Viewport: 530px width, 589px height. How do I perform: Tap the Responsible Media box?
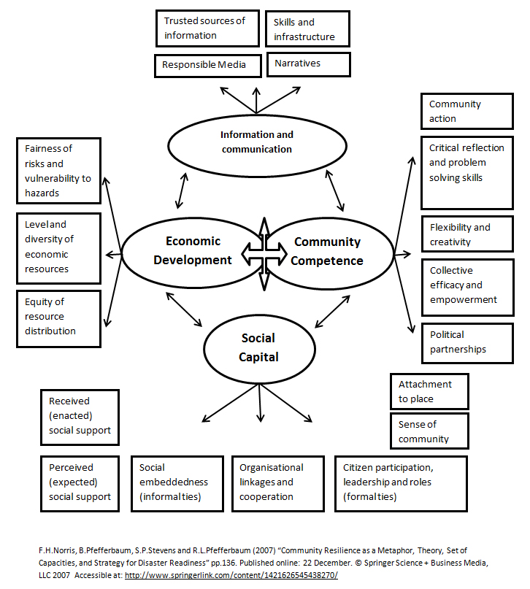[x=209, y=65]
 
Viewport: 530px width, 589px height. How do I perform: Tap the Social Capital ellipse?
[x=258, y=347]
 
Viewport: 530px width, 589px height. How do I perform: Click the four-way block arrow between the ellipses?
[x=261, y=250]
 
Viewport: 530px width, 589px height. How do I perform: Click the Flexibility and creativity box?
[x=466, y=234]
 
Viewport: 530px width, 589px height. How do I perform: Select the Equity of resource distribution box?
[x=57, y=316]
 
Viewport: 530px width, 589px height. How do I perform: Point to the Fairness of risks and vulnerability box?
[x=57, y=170]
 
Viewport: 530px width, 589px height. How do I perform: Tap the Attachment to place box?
[x=429, y=391]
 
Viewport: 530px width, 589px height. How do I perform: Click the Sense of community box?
[x=429, y=431]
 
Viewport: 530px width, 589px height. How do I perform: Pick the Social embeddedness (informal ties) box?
[x=177, y=482]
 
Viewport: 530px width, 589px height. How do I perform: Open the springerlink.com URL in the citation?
[x=231, y=576]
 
